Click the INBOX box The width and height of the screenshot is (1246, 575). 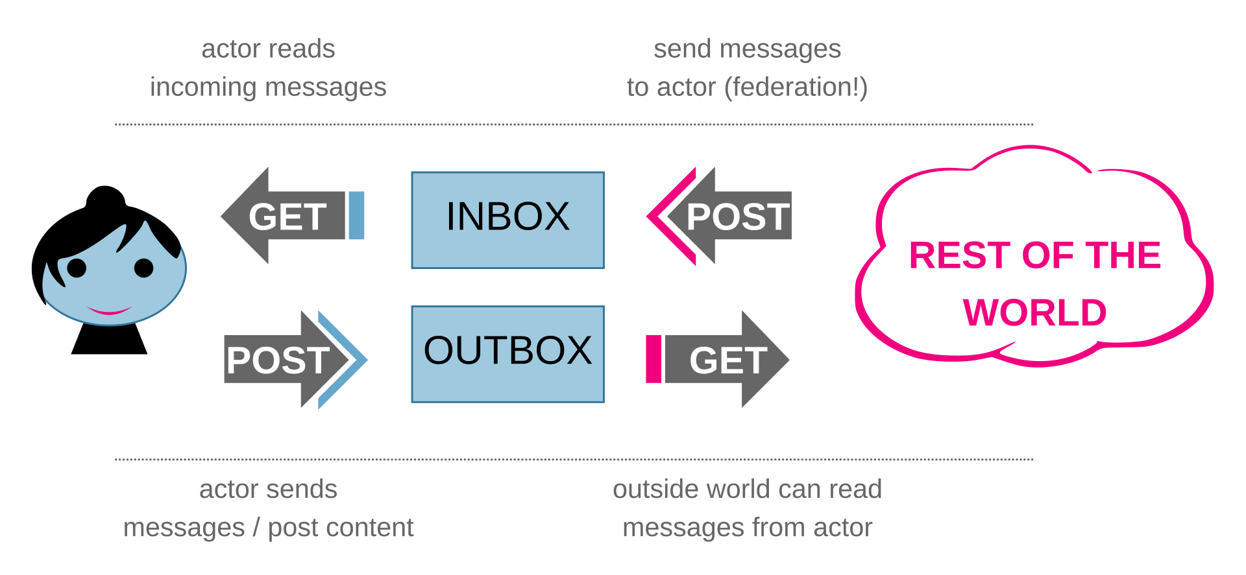pos(507,220)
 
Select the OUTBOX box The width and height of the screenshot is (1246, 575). pos(507,354)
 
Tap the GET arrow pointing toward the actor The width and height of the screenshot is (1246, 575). pos(283,216)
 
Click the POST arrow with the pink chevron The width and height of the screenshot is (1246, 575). pos(719,216)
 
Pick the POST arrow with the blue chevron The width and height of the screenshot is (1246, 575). pos(296,360)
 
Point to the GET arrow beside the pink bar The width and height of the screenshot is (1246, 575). pos(727,359)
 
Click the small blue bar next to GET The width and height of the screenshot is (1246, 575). pos(356,215)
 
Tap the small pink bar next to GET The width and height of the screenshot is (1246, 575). pos(654,359)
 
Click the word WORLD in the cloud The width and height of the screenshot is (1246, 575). pos(1034,312)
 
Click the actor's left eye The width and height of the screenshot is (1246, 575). pos(77,268)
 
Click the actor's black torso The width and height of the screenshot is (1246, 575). pos(109,339)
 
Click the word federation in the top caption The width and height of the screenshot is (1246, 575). pos(796,87)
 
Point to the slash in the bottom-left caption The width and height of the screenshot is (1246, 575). pos(256,528)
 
